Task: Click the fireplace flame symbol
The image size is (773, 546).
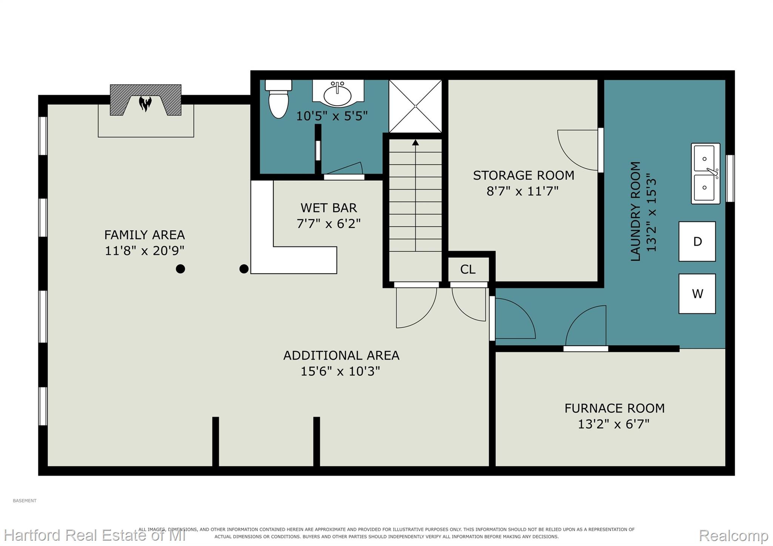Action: click(145, 103)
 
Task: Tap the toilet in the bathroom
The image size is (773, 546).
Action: click(279, 98)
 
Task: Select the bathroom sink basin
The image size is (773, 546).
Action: click(338, 94)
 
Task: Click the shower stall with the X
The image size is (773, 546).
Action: click(415, 106)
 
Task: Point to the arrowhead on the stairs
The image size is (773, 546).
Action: click(416, 142)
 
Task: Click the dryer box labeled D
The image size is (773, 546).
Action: click(697, 241)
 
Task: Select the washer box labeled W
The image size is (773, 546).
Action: click(697, 294)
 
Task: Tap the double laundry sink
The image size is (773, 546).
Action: click(705, 174)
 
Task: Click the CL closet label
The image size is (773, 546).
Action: click(468, 269)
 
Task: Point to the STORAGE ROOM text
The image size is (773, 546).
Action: click(524, 175)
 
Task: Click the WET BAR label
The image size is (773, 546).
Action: click(329, 208)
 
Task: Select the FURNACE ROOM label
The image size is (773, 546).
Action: click(614, 408)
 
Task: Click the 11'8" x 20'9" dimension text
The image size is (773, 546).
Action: click(145, 251)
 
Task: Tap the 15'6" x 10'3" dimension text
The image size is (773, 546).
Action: click(340, 371)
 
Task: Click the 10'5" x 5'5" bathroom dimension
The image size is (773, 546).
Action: click(332, 116)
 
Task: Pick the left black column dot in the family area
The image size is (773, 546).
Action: click(180, 269)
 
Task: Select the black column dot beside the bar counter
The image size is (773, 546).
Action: click(244, 269)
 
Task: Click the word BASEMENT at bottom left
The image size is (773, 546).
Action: click(25, 501)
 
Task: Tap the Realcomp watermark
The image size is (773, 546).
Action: click(734, 535)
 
